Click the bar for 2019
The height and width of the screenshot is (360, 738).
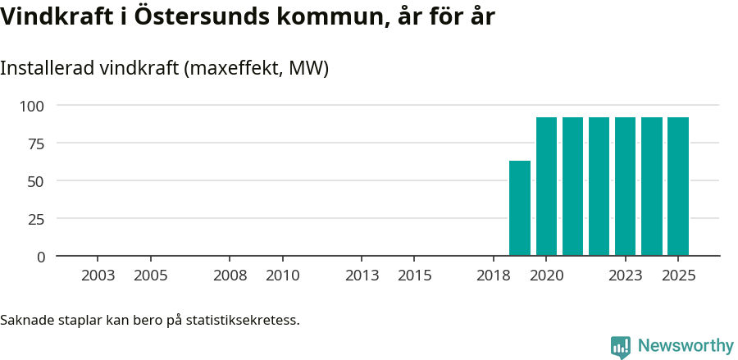coord(520,208)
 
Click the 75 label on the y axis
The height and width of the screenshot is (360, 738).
coord(37,144)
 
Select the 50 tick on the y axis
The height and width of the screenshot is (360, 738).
coord(37,181)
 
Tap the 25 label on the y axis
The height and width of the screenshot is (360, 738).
coord(37,219)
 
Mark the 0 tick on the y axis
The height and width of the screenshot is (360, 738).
coord(41,257)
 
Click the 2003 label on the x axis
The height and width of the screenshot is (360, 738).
coord(98,276)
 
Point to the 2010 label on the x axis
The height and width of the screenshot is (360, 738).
coord(283,276)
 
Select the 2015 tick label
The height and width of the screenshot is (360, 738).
coord(415,276)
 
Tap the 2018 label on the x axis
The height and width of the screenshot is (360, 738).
coord(494,276)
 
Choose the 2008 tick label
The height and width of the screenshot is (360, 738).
coord(230,276)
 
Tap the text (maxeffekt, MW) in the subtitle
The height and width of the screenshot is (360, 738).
coord(257,68)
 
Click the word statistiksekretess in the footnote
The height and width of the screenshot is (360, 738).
coord(243,320)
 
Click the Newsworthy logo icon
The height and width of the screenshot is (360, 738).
coord(621,346)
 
